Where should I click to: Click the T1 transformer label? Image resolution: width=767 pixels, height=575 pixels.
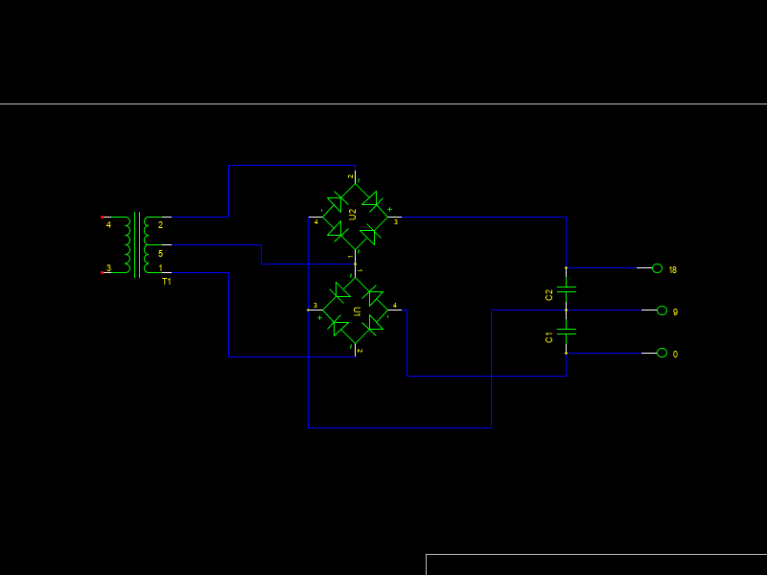tap(166, 282)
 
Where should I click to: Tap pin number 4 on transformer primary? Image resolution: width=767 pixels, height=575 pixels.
tap(108, 225)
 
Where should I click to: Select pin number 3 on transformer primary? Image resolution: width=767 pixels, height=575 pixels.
tap(108, 268)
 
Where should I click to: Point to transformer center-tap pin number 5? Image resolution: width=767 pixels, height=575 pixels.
tap(160, 254)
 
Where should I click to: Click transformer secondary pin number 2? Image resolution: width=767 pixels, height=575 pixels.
tap(160, 225)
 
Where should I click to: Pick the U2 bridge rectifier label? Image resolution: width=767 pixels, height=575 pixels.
tap(353, 214)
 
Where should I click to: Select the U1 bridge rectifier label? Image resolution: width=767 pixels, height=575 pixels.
tap(357, 311)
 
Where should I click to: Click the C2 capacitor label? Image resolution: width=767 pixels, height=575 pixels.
tap(549, 294)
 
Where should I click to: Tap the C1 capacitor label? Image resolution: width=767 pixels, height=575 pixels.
tap(549, 336)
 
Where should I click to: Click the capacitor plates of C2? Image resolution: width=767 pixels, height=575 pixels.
tap(567, 289)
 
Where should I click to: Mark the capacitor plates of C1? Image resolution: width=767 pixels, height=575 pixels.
tap(567, 332)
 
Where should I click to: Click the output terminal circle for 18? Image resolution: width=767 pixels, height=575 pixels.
tap(657, 268)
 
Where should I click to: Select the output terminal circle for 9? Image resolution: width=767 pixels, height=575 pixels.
tap(662, 310)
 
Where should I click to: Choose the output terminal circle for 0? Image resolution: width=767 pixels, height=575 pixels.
tap(662, 353)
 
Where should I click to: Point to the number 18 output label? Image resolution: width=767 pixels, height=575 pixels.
tap(673, 270)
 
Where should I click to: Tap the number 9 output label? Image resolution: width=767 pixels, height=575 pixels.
tap(675, 312)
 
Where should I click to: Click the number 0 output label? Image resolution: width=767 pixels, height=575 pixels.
tap(675, 355)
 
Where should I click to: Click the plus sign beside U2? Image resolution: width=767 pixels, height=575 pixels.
tap(389, 209)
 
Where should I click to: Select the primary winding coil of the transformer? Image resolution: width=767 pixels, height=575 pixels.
tap(126, 245)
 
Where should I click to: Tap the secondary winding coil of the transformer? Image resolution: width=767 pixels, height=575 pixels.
tap(147, 245)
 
